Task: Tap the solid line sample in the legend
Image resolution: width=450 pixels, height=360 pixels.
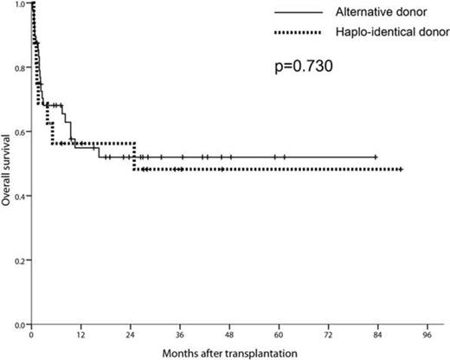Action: (x=303, y=12)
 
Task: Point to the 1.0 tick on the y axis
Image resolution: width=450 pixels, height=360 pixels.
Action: (x=19, y=4)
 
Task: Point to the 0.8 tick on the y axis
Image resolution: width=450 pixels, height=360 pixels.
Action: (x=19, y=68)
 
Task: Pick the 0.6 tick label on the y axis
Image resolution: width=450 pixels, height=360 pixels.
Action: (x=19, y=132)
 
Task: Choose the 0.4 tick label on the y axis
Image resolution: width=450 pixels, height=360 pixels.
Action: (x=19, y=196)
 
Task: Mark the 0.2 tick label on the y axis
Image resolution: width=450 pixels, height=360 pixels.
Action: (x=19, y=260)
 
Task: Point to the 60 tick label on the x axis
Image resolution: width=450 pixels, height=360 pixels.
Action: (x=278, y=333)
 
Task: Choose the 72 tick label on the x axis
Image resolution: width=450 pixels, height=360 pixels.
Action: (x=327, y=333)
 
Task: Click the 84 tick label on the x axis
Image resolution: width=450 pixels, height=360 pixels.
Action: (x=376, y=333)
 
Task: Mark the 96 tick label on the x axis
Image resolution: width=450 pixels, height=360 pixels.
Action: (x=426, y=333)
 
